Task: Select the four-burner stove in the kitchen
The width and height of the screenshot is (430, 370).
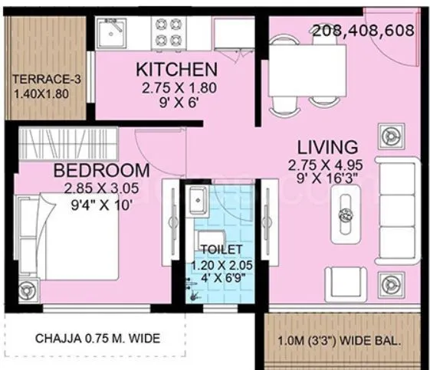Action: (168, 33)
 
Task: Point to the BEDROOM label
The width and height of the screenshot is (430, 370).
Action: (101, 170)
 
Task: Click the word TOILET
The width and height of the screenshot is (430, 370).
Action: (222, 250)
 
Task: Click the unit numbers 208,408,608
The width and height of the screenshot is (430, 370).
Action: (363, 31)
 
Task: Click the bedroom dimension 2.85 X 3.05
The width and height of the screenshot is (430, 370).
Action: (101, 187)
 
